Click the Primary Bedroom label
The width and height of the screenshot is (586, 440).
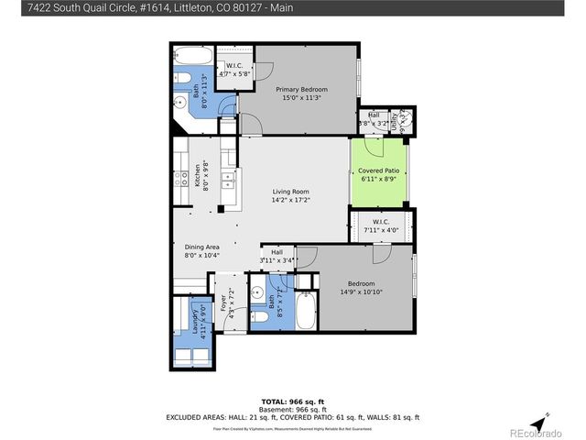point(302,90)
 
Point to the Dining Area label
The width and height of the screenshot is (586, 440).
point(202,247)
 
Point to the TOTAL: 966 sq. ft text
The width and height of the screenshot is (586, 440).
point(293,401)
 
